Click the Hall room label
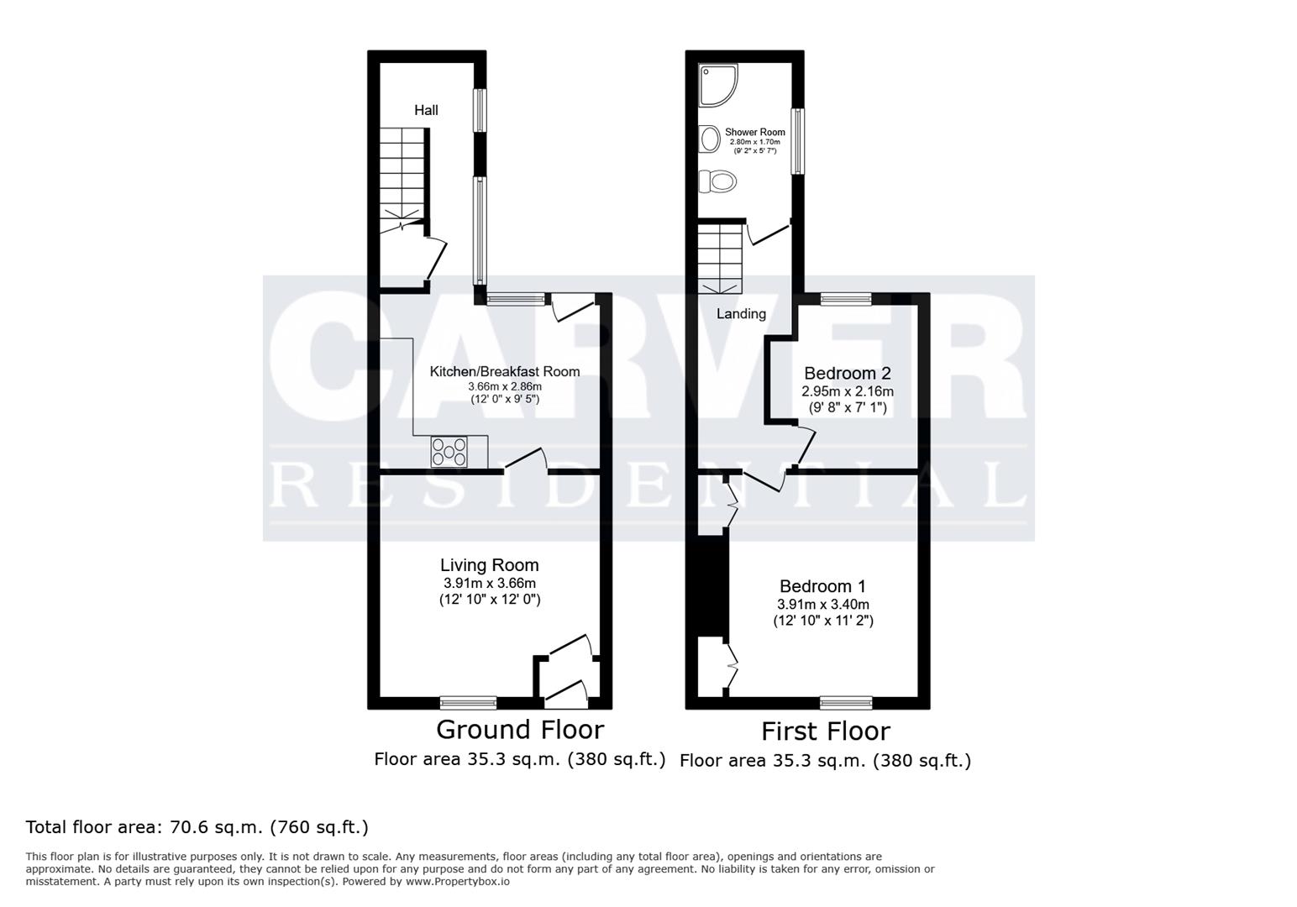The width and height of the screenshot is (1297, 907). (x=426, y=110)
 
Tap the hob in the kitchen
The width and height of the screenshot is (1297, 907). (x=449, y=453)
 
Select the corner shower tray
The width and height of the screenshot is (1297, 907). (x=718, y=86)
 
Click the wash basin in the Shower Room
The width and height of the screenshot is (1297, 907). (x=709, y=138)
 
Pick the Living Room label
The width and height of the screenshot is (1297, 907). (x=490, y=565)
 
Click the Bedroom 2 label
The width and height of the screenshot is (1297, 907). (x=847, y=373)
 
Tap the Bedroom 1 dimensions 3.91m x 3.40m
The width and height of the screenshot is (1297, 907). (x=822, y=605)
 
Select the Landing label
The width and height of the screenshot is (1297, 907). (x=740, y=314)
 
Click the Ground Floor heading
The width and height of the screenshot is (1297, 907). (x=519, y=728)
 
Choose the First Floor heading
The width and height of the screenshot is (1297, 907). (x=825, y=731)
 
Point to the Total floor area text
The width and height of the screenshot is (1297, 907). (x=197, y=827)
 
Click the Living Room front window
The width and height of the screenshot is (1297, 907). (x=468, y=702)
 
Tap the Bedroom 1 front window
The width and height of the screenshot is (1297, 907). (x=846, y=702)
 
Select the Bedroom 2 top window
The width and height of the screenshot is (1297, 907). (x=846, y=298)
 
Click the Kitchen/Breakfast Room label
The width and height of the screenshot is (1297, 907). (x=505, y=371)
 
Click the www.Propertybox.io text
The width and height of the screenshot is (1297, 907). (x=457, y=882)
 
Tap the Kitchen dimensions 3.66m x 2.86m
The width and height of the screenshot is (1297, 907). (x=505, y=387)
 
